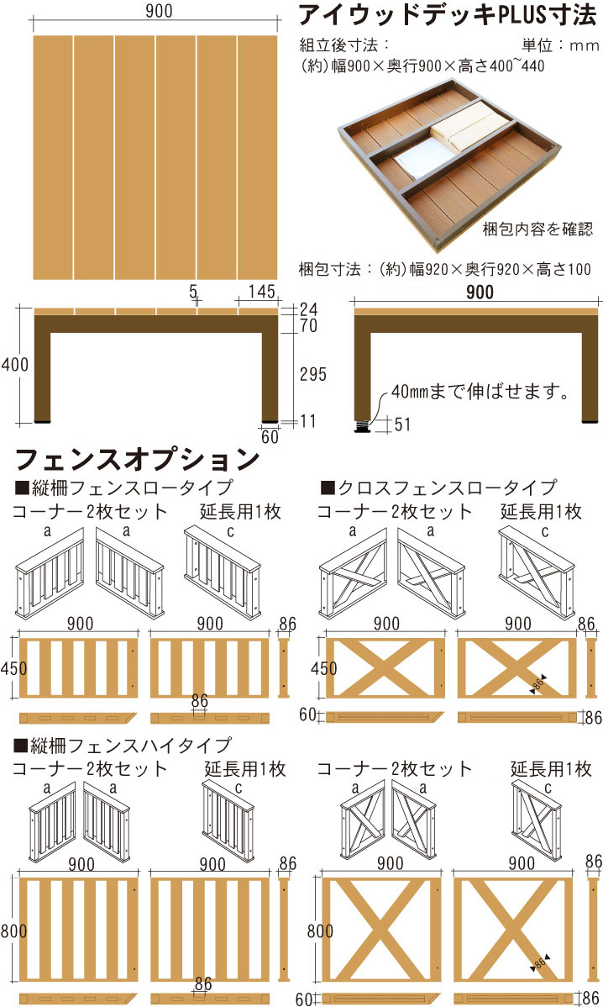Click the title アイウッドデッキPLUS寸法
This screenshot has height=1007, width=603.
click(448, 15)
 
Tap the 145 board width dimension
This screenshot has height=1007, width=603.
click(262, 291)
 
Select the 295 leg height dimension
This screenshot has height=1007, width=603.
click(313, 374)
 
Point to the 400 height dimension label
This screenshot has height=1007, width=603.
click(15, 365)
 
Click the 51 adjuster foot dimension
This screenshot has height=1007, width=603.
click(402, 424)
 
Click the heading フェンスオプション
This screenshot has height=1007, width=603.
click(137, 459)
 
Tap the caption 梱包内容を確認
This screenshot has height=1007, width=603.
click(537, 229)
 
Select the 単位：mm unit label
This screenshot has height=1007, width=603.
click(560, 45)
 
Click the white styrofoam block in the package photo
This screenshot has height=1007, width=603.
click(419, 159)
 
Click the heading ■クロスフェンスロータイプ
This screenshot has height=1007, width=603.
click(438, 488)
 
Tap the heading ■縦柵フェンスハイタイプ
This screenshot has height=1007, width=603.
click(122, 746)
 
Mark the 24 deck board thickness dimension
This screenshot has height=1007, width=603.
click(308, 308)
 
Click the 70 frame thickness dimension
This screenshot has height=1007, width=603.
click(308, 325)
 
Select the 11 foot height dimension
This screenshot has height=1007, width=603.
click(308, 421)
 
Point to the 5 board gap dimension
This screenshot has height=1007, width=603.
click(193, 291)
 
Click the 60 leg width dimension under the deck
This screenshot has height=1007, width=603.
click(270, 437)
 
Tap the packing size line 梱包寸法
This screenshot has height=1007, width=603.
click(444, 269)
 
